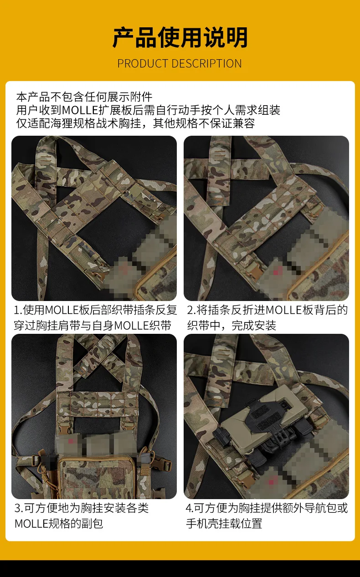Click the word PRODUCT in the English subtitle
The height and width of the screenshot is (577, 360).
[143, 64]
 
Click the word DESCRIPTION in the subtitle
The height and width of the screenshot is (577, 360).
[207, 64]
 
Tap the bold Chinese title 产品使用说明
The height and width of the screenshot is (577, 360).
[180, 38]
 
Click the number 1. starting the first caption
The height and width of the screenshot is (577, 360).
[18, 310]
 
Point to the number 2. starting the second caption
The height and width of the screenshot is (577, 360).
[191, 310]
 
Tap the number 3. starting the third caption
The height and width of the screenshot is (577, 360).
[19, 508]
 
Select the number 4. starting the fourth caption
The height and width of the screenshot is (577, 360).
[190, 508]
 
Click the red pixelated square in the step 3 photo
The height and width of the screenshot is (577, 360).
[71, 441]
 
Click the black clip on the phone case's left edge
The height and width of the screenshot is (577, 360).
[221, 437]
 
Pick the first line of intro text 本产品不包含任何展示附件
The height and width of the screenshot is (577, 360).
[84, 97]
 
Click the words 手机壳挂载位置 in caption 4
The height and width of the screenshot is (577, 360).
[224, 523]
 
